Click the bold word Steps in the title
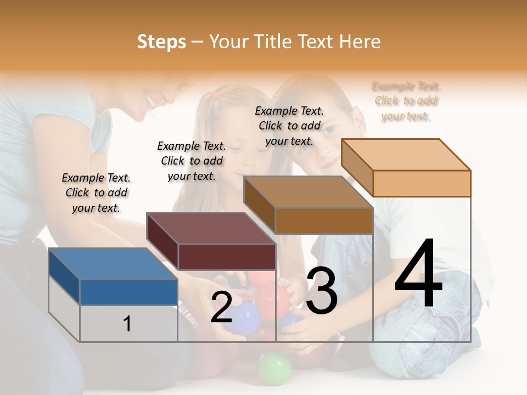tap(161, 42)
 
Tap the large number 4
tap(418, 274)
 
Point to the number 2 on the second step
tap(221, 307)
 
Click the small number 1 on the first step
tap(127, 324)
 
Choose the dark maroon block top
tap(211, 228)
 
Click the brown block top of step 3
tap(308, 192)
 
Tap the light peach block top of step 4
tap(406, 155)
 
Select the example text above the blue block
tap(96, 193)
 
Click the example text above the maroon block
tap(192, 161)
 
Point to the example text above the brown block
tap(289, 126)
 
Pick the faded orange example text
tap(406, 101)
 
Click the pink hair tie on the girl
tap(216, 95)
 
